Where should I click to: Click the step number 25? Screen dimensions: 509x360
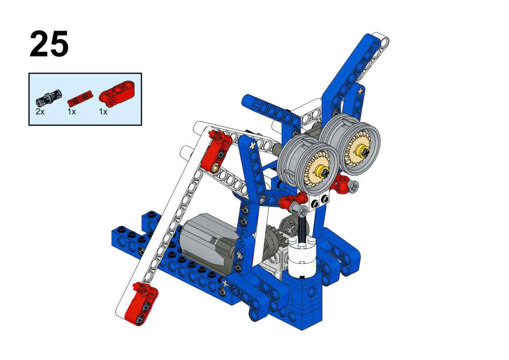(x=49, y=44)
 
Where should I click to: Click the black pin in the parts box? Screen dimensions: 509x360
(x=48, y=98)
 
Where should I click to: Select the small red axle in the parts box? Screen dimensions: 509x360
(x=79, y=98)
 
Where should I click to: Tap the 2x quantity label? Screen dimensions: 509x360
(x=40, y=112)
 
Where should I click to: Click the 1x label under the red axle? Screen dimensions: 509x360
(x=71, y=112)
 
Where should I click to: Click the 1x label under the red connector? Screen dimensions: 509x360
(x=103, y=112)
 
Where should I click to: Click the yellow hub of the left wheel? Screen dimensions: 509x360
(x=323, y=171)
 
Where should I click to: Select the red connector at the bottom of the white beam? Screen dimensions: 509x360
(x=140, y=303)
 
